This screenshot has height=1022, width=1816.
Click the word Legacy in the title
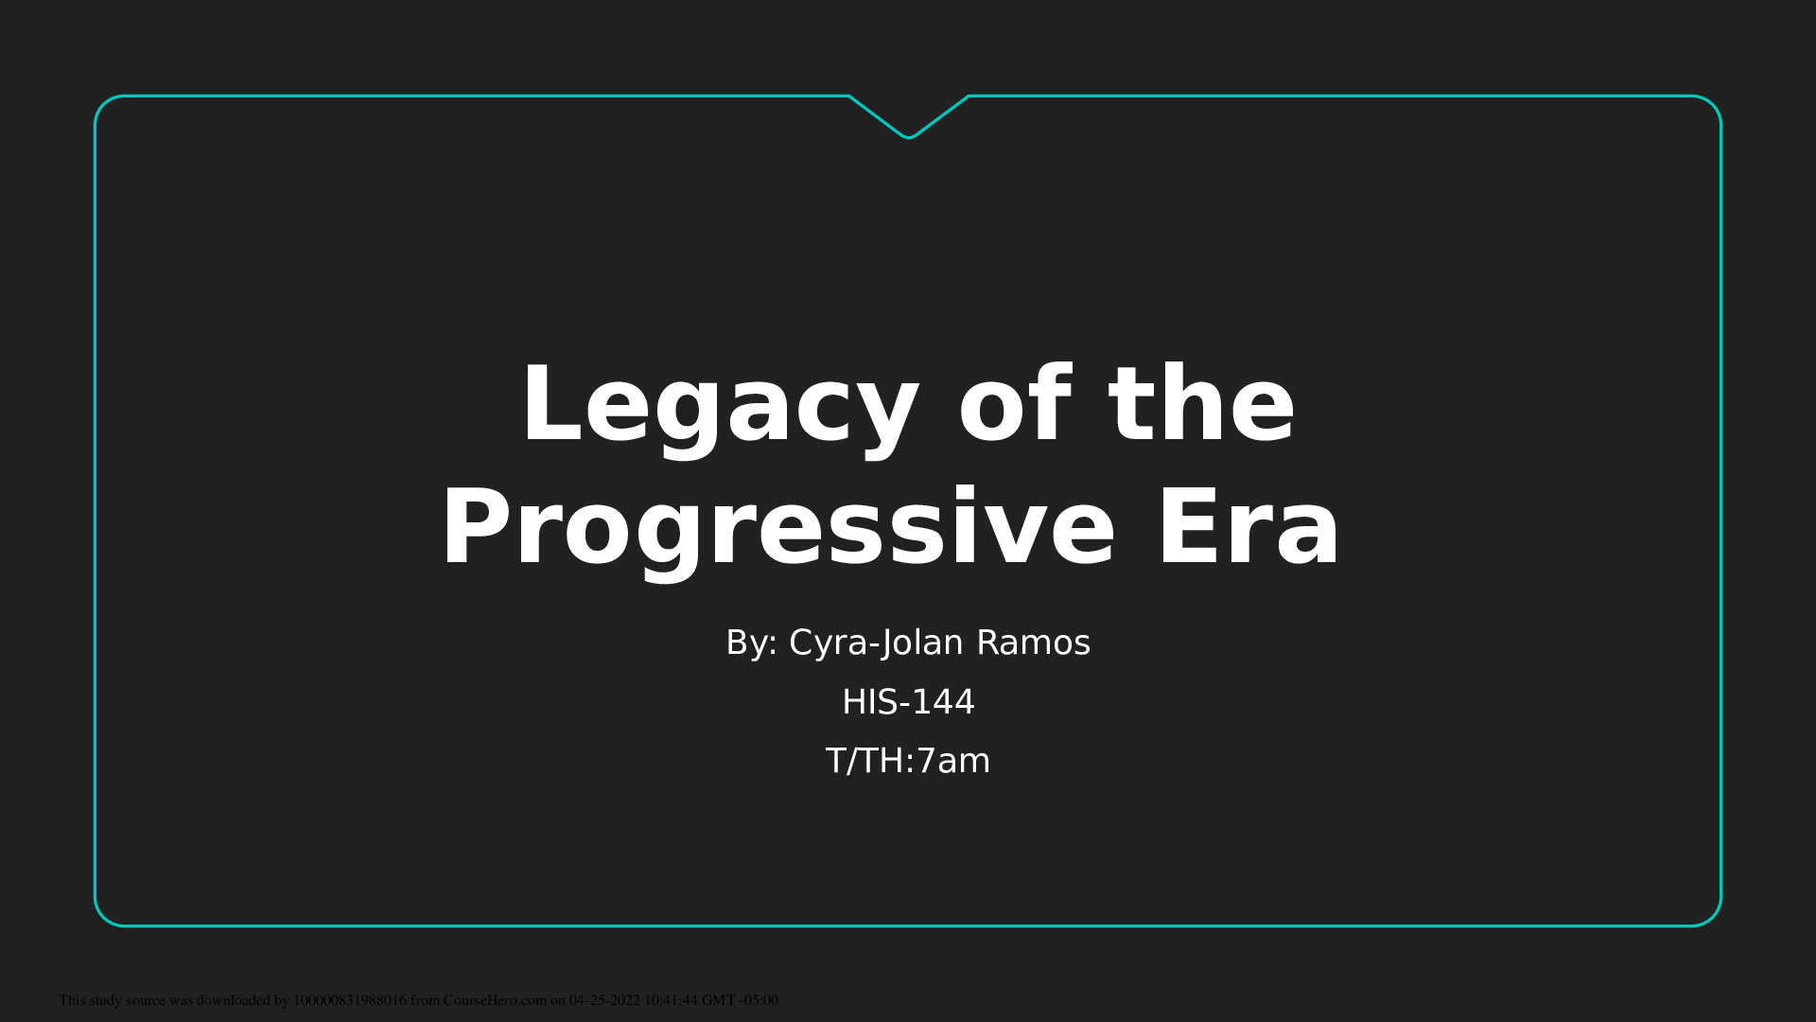point(720,407)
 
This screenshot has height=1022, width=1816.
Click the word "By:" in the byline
point(752,643)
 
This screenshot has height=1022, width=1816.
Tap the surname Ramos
point(1034,643)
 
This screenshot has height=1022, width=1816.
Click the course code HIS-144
point(908,702)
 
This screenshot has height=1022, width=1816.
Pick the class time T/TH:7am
point(908,761)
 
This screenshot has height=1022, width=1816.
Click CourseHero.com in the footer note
point(495,1000)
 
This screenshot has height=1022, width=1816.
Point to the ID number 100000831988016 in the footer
point(350,1000)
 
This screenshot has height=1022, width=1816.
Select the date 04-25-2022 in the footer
point(604,1000)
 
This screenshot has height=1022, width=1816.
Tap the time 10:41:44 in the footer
point(671,1000)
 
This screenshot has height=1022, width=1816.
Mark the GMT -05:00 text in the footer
point(740,1000)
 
